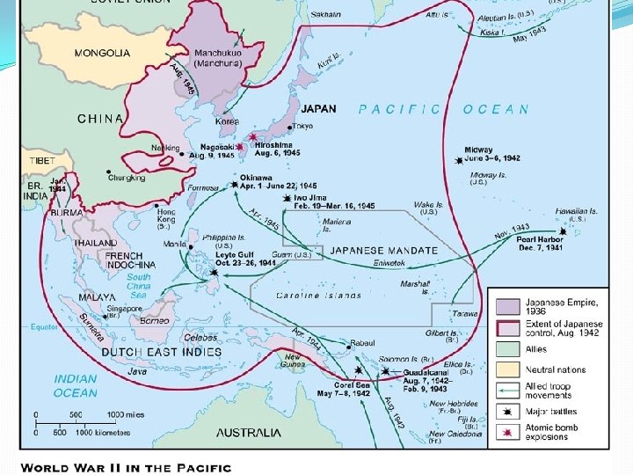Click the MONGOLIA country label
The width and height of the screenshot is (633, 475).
point(102,53)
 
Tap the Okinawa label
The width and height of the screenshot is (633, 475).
point(257,177)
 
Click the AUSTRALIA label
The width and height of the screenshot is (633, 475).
point(249,433)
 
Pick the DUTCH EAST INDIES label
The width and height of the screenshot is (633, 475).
point(162,352)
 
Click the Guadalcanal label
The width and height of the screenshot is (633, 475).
point(428,372)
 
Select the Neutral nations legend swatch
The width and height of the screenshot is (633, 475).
point(507,370)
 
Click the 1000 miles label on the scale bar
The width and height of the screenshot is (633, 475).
point(127,414)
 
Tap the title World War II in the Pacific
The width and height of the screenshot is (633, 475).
point(126,467)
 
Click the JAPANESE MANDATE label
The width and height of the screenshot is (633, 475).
point(383,250)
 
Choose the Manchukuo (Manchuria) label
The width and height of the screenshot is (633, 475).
point(218,58)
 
